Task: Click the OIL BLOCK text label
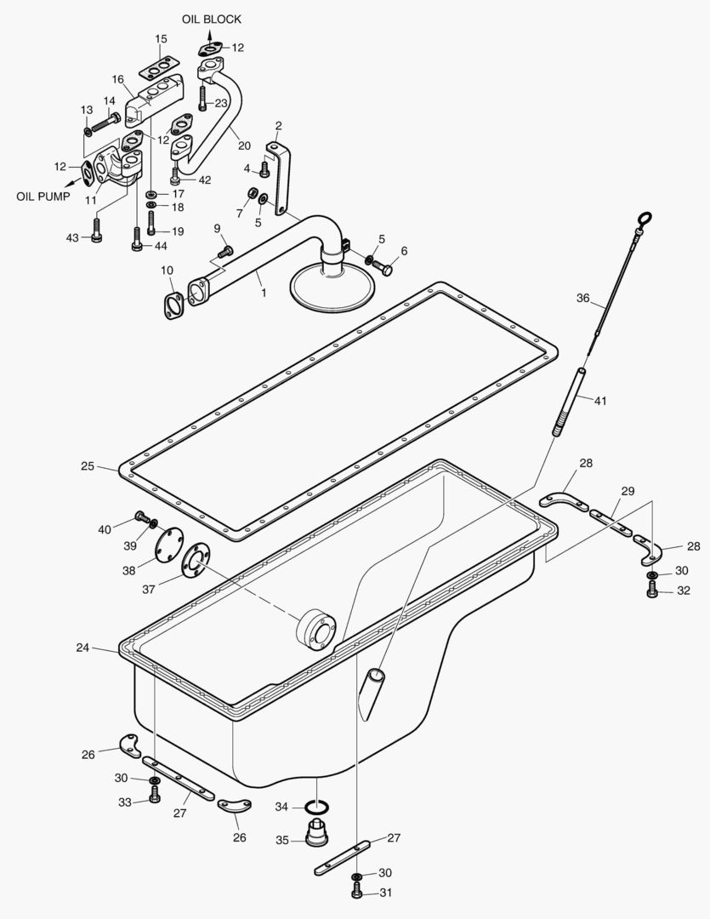point(211,19)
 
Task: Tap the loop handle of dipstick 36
point(645,220)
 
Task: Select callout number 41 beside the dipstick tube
point(600,400)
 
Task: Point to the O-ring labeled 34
point(318,807)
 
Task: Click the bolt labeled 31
point(356,892)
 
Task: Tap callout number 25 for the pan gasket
point(88,466)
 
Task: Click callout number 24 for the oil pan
point(82,648)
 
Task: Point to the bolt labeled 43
point(96,231)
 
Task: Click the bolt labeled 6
point(384,267)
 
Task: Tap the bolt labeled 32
point(652,591)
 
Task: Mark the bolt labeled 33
point(155,796)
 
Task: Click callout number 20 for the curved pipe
point(244,145)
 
